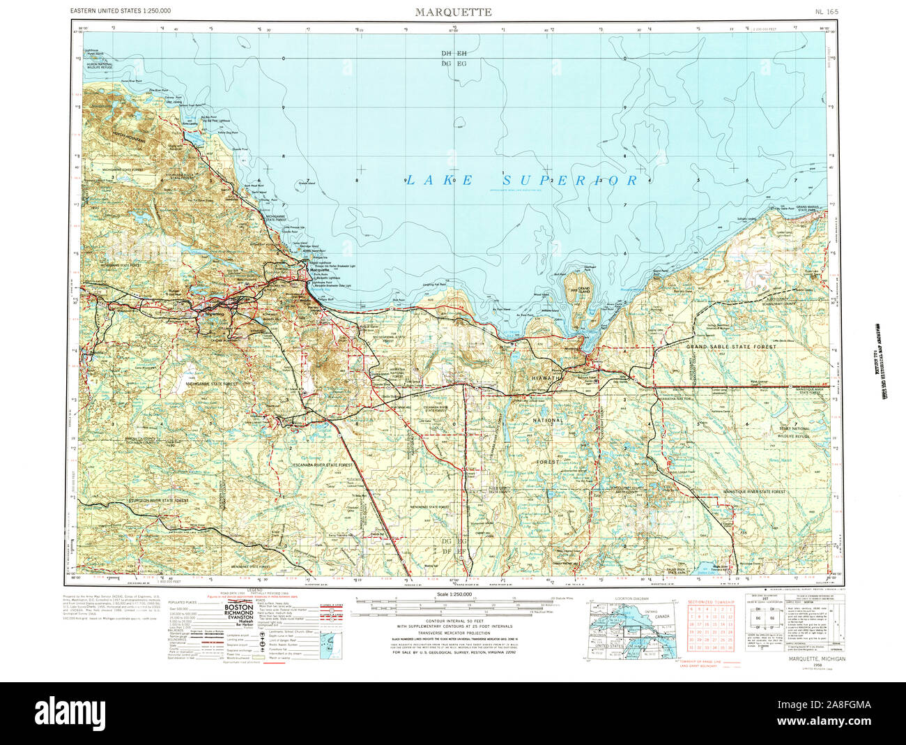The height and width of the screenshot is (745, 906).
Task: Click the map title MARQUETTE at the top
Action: pyautogui.click(x=453, y=12)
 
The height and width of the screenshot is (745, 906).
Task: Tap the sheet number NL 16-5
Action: pyautogui.click(x=827, y=12)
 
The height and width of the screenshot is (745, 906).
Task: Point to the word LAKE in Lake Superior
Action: pyautogui.click(x=440, y=181)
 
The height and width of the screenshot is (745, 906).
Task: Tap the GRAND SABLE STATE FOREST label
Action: pyautogui.click(x=731, y=347)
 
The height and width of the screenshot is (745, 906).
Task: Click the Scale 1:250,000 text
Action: pyautogui.click(x=453, y=594)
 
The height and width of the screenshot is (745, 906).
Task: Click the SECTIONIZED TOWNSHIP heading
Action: pyautogui.click(x=711, y=601)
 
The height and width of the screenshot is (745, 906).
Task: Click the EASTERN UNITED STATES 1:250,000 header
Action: pyautogui.click(x=121, y=11)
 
